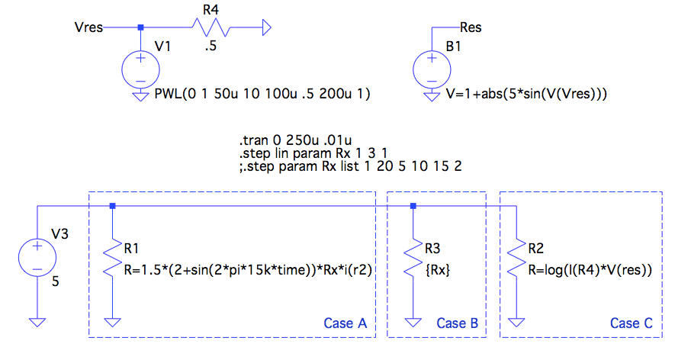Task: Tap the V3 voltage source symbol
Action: (37, 256)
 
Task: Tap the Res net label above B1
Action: (471, 28)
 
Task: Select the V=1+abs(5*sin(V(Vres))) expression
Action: (525, 95)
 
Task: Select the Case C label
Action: (631, 323)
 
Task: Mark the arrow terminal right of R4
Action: (266, 28)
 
